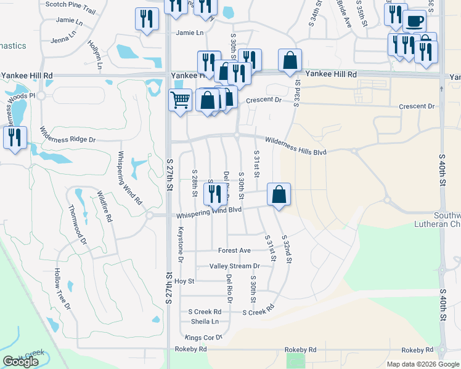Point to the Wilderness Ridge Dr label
point(68,135)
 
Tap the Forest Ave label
point(234,251)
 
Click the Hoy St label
point(184,281)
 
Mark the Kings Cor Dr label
point(203,338)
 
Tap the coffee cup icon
point(414,20)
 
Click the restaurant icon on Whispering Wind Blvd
point(215,194)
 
